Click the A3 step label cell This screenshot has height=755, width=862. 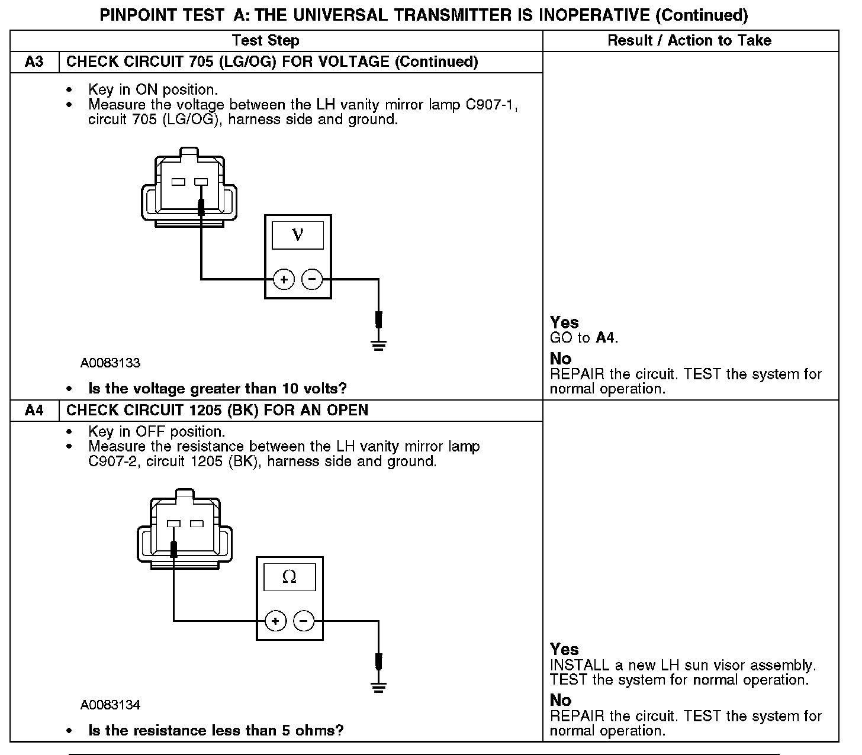34,62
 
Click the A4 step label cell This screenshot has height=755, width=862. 34,411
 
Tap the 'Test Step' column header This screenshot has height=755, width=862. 265,41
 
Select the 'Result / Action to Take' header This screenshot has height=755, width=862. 690,41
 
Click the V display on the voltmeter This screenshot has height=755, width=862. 298,235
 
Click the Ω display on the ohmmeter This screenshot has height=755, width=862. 290,577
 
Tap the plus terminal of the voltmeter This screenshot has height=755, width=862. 284,279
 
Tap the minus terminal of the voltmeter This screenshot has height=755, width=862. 312,279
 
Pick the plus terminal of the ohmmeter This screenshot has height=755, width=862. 275,621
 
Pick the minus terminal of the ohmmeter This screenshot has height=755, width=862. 304,621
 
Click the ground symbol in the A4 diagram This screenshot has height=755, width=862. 379,686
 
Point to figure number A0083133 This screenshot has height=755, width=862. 111,363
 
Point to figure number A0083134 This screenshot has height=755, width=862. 111,705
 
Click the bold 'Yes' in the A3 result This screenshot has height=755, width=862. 564,322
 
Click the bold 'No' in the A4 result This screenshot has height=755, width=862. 560,700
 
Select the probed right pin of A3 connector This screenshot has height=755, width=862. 201,182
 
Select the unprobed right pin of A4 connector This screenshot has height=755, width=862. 197,524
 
